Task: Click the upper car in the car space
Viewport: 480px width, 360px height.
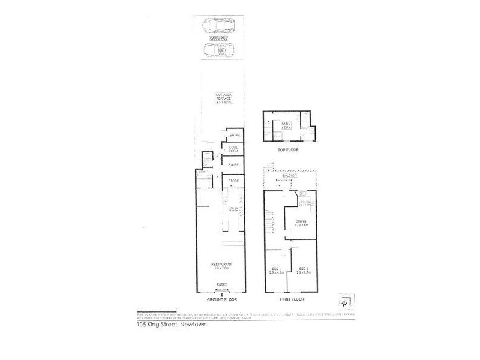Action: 218,26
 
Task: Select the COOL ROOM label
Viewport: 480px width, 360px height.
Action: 233,149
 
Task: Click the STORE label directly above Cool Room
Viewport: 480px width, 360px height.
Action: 234,134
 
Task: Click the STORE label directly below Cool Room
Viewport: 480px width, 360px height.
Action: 234,165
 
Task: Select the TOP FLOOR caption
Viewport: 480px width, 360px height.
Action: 288,150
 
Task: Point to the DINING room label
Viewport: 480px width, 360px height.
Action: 301,223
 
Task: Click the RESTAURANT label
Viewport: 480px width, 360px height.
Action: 221,266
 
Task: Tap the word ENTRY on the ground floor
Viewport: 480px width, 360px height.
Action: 221,285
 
